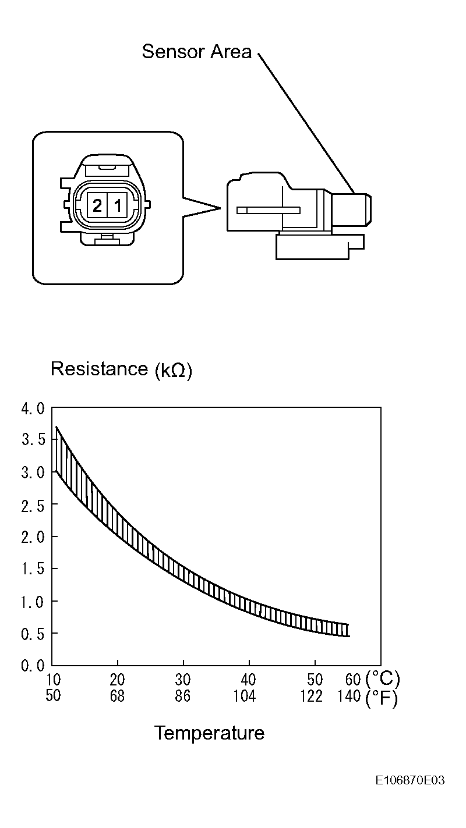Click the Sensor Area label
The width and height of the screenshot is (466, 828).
pos(196,51)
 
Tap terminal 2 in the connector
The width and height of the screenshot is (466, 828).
pos(97,205)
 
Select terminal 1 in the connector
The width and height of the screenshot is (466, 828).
pos(117,205)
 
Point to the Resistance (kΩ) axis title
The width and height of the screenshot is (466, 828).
pos(121,369)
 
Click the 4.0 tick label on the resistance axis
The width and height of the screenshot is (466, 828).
pos(33,409)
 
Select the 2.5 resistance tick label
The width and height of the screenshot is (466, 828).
pos(33,505)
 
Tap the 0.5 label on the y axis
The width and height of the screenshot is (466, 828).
pos(33,634)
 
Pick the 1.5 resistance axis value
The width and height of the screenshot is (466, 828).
pos(33,570)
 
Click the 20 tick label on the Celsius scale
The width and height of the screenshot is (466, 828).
pos(117,680)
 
